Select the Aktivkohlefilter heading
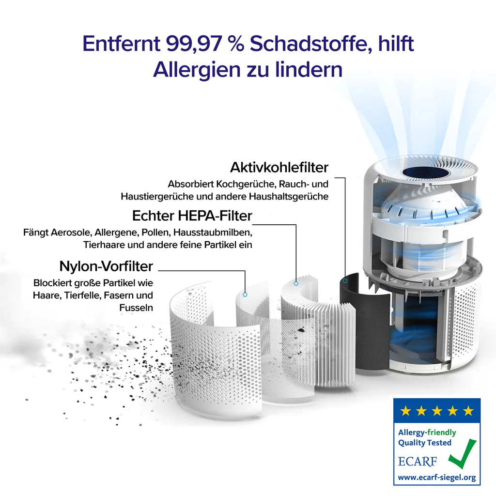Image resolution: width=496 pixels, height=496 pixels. [x=279, y=168]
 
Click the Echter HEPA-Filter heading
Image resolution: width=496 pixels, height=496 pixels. [x=192, y=215]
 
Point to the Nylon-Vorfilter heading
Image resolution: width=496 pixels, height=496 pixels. [x=106, y=266]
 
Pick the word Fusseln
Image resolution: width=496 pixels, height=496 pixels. [x=136, y=308]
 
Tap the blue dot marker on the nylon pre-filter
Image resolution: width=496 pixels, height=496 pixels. [x=245, y=294]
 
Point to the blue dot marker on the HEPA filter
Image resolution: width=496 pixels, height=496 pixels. [x=296, y=282]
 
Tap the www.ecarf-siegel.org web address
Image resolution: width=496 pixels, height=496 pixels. [x=436, y=478]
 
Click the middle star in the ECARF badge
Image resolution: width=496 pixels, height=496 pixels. [x=437, y=411]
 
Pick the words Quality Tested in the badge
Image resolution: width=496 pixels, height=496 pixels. [x=424, y=443]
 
